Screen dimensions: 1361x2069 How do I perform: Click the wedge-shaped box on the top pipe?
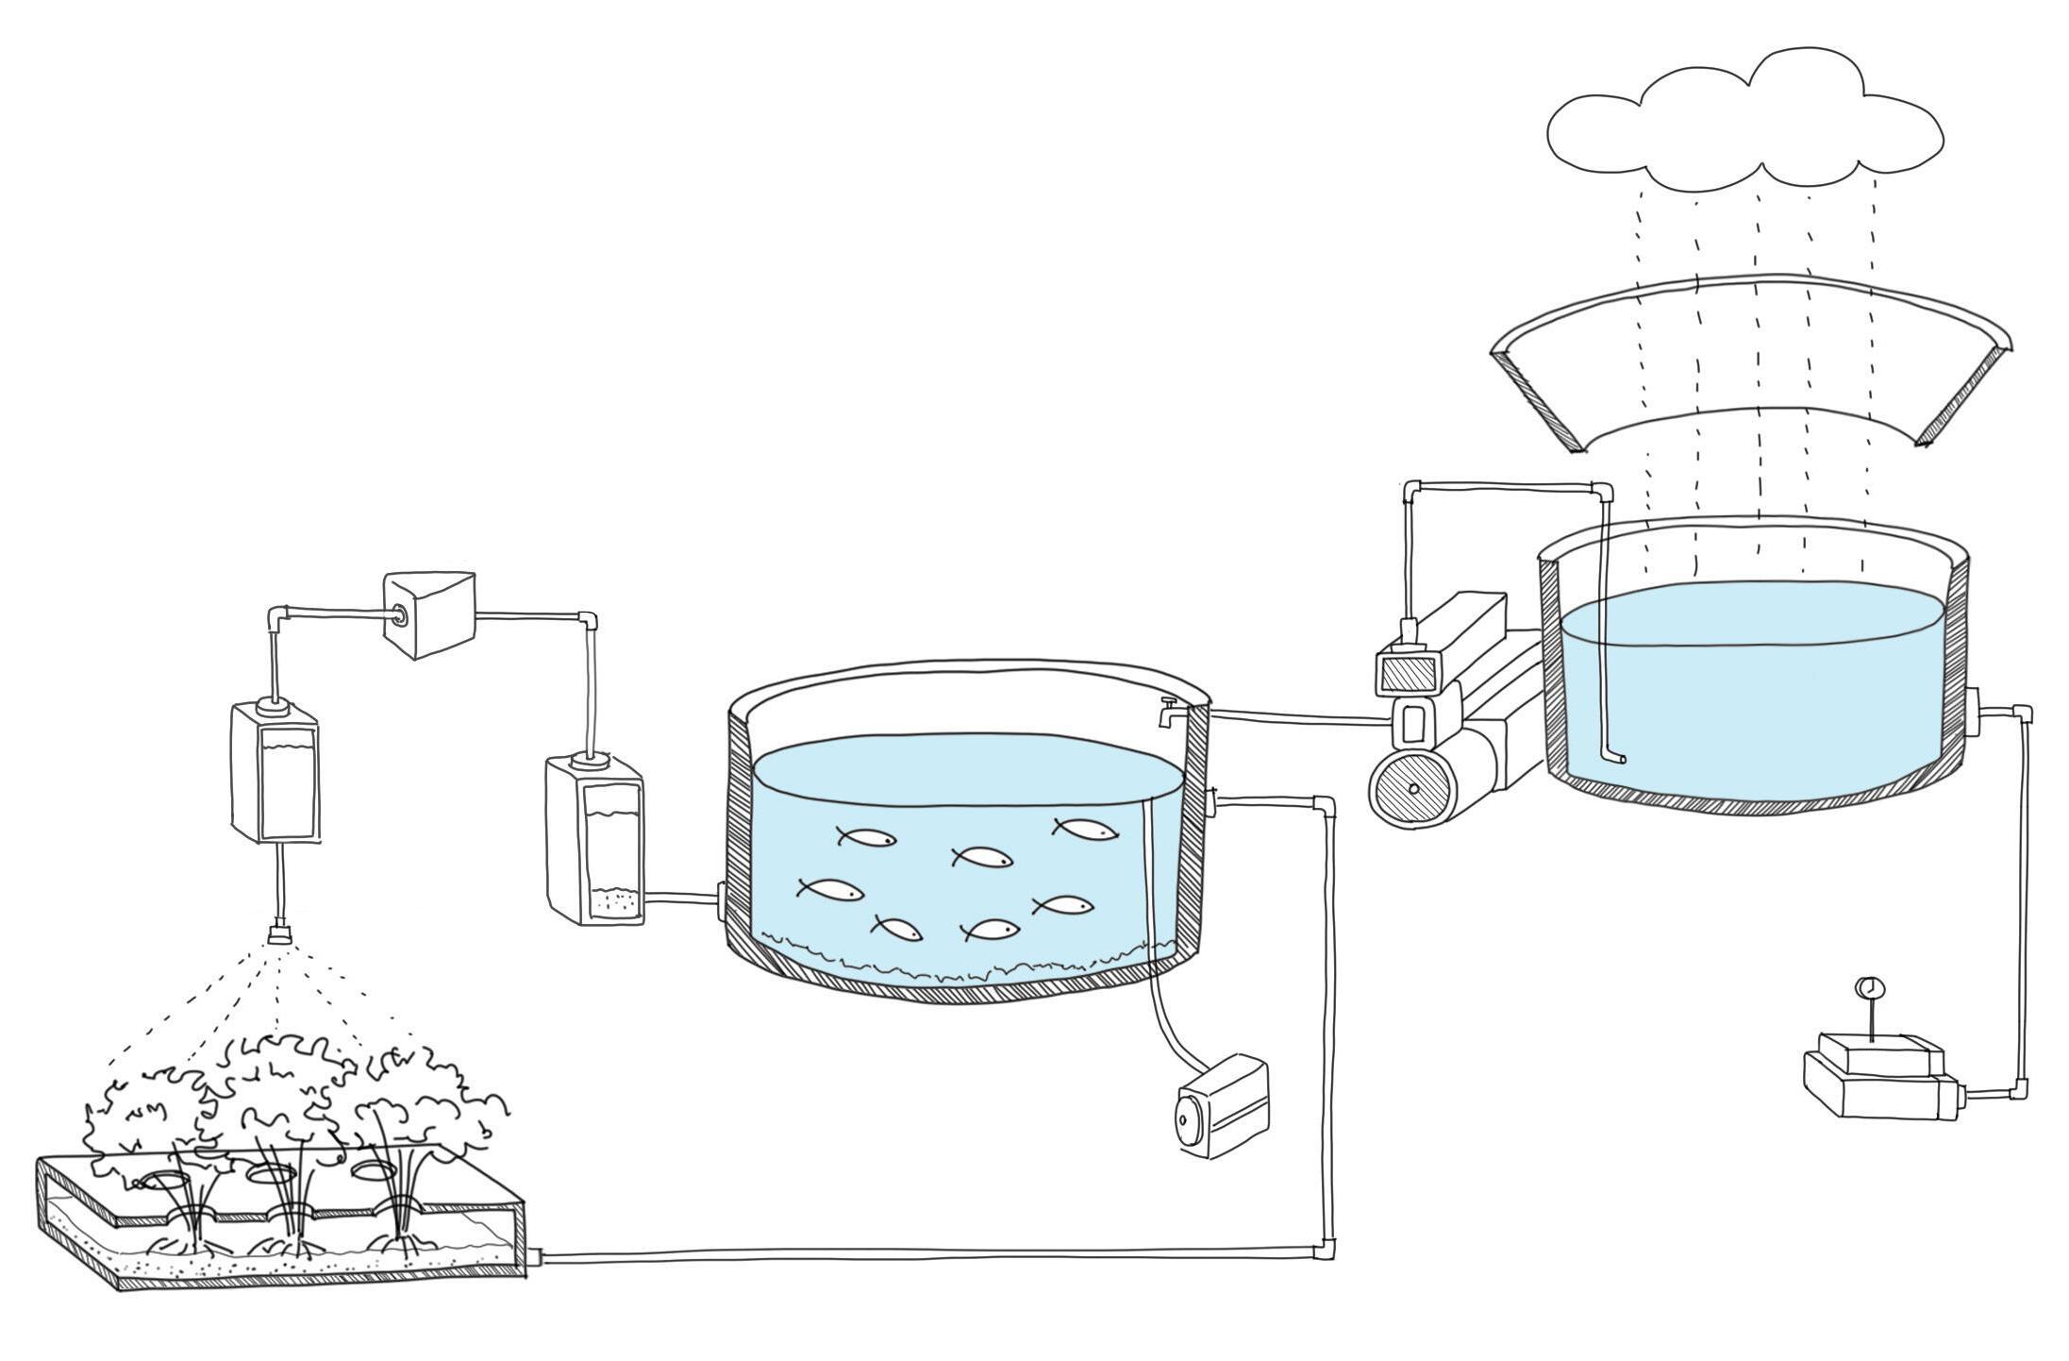coord(429,613)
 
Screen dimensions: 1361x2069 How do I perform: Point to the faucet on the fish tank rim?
coord(1169,710)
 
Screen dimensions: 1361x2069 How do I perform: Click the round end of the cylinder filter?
coord(1412,789)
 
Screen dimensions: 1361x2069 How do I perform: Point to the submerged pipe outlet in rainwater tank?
coord(1617,757)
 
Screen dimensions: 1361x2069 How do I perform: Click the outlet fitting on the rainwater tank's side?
coord(1974,710)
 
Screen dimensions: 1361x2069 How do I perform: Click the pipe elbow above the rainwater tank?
coord(1601,491)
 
